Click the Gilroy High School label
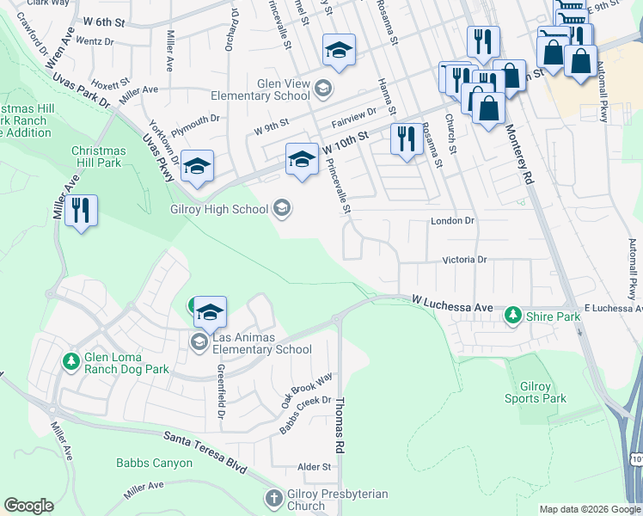[x=220, y=207]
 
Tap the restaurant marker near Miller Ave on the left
[x=82, y=212]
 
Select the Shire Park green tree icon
[x=513, y=316]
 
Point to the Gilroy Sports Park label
[x=535, y=392]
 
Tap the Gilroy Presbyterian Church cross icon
[x=273, y=499]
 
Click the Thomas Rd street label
[x=340, y=426]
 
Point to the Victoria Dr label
[x=464, y=259]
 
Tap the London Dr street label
[x=452, y=221]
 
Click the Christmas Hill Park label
[x=98, y=157]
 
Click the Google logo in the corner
[x=28, y=506]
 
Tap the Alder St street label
[x=314, y=467]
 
